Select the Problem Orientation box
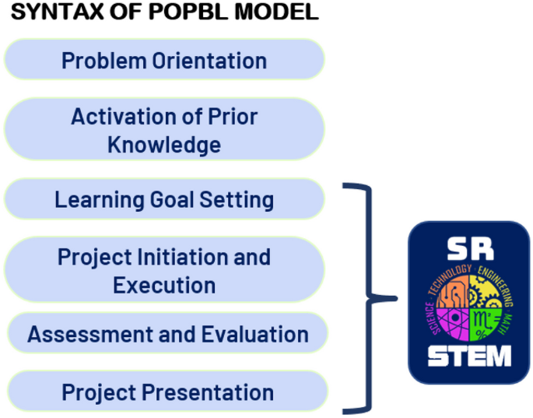tap(164, 59)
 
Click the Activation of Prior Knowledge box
tap(164, 129)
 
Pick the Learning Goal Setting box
tap(164, 199)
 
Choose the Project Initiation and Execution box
tap(164, 269)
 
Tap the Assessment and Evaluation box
tap(167, 333)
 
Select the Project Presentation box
tap(167, 392)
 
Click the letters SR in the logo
tap(470, 249)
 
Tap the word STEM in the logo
tap(469, 356)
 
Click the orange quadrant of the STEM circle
tap(453, 291)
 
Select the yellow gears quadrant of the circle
tap(486, 291)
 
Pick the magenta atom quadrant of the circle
tap(453, 324)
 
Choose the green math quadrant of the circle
tap(485, 324)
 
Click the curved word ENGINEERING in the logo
tap(497, 285)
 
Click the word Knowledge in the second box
tap(164, 146)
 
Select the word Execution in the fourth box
tap(164, 285)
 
